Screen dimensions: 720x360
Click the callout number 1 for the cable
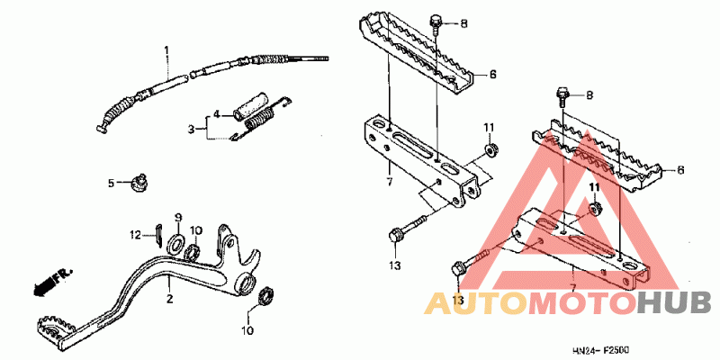[166, 49]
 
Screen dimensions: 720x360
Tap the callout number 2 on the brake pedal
[169, 300]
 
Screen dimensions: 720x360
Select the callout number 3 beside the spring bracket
[192, 130]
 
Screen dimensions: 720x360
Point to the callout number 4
[216, 114]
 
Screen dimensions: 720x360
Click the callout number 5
[111, 184]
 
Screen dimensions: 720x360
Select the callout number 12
[136, 236]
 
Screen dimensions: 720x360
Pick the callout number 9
[178, 217]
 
